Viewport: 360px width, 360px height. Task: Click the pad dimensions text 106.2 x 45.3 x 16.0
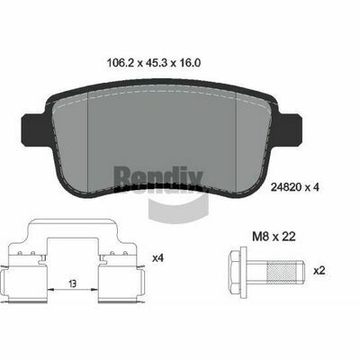[154, 63]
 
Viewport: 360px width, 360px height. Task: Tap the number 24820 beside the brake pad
[286, 187]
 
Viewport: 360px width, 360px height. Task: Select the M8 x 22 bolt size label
[274, 237]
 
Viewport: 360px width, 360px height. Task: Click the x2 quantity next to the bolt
[319, 271]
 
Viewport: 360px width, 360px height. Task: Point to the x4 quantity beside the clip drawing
[157, 258]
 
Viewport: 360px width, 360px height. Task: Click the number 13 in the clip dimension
[72, 283]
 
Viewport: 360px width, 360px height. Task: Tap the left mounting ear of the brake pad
[33, 129]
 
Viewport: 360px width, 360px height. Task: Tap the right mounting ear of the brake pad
[290, 129]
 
